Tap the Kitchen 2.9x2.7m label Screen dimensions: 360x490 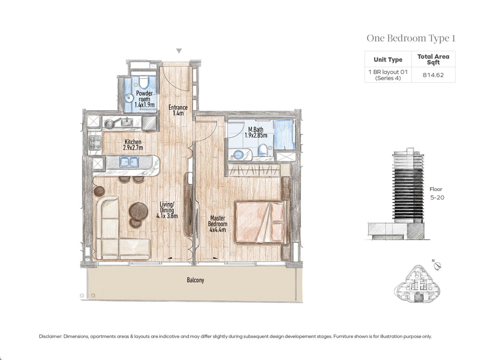[x=133, y=145]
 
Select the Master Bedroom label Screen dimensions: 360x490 [x=218, y=224]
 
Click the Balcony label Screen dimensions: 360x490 [x=195, y=280]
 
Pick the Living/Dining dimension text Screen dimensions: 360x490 [x=167, y=216]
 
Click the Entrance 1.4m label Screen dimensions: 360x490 [x=178, y=110]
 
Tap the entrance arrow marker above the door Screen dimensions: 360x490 [x=179, y=51]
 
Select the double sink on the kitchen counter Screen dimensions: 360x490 [x=129, y=161]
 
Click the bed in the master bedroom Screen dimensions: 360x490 [x=260, y=222]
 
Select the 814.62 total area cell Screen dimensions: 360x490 [x=433, y=75]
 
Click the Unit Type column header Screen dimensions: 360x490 [x=388, y=60]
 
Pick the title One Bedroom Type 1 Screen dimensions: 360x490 [x=411, y=38]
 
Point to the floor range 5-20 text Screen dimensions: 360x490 [x=437, y=197]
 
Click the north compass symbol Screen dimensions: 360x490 [x=438, y=266]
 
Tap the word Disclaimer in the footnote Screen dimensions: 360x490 [x=50, y=336]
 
